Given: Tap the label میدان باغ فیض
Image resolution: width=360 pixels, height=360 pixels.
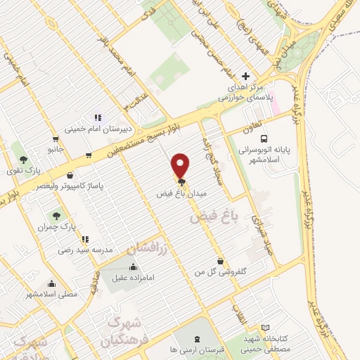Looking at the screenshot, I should click(181, 191).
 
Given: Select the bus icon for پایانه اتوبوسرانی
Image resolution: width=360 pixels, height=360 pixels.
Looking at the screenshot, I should click(264, 139).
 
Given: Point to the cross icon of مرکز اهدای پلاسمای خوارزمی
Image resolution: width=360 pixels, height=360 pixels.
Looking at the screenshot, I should click(245, 76).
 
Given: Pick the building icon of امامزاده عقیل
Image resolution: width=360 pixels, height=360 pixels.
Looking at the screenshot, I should click(134, 266).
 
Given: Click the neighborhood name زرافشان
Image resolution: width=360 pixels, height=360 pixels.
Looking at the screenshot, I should click(148, 248).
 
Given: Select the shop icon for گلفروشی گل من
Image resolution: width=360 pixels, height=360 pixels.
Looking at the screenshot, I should click(220, 259).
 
